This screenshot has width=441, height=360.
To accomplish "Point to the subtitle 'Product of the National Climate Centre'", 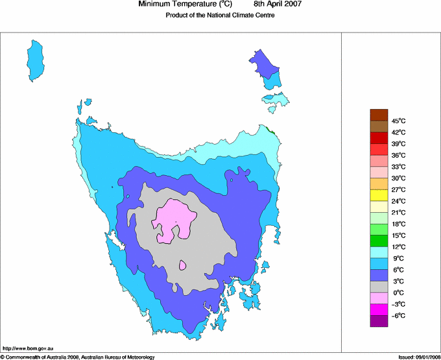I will (x=220, y=16).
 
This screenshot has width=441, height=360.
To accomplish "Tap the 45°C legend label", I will (x=399, y=121).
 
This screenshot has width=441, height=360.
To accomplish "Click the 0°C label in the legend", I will (x=399, y=293).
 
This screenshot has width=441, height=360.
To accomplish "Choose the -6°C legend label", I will (x=398, y=315).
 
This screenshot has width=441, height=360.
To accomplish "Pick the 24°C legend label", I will (x=399, y=201).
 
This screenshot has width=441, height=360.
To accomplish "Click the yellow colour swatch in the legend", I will (x=379, y=195).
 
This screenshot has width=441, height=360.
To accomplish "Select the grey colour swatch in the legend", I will (x=379, y=287).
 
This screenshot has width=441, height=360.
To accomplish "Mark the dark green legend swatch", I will (x=379, y=241).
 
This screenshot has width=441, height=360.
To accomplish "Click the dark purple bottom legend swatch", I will (x=379, y=320).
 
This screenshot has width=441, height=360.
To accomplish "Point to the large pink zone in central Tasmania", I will (x=174, y=221).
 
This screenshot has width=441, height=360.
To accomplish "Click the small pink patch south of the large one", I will (x=183, y=265).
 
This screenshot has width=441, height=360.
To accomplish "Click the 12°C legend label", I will (x=399, y=246).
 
